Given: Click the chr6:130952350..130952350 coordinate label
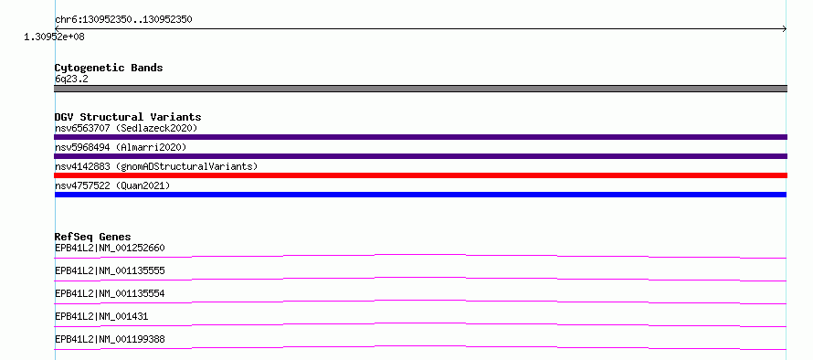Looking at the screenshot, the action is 123,20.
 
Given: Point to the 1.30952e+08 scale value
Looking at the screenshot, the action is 54,37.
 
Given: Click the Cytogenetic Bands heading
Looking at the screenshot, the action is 109,68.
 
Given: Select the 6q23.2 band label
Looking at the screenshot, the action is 71,79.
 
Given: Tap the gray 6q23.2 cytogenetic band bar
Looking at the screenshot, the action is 420,89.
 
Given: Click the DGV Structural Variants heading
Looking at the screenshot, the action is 128,117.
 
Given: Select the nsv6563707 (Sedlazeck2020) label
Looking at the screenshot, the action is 126,128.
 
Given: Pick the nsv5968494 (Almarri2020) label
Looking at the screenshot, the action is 121,147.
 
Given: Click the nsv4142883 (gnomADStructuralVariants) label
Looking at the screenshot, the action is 156,166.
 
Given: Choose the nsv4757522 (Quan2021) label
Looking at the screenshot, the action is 112,185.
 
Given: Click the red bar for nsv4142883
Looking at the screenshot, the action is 420,175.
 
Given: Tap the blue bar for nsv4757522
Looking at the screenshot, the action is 420,195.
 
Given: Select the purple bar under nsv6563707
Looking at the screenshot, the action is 420,137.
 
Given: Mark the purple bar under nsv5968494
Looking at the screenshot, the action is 420,156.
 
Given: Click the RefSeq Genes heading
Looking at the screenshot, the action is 93,237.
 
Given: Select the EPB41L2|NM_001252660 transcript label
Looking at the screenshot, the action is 110,248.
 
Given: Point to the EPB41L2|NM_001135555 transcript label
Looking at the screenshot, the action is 110,270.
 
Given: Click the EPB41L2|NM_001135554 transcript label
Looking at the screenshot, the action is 110,293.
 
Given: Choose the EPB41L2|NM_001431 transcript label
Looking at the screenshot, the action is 101,316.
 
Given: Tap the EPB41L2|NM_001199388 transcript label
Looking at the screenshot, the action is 110,339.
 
